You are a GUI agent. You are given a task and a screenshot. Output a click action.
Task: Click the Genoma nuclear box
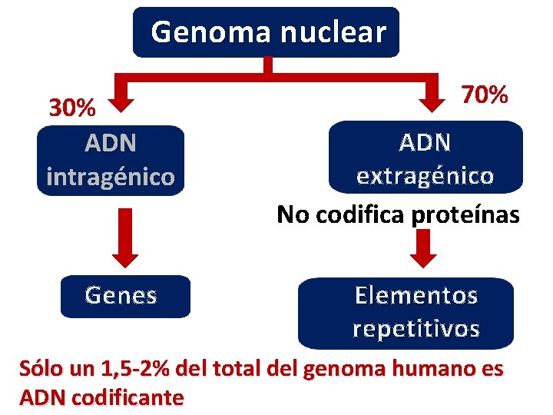(266, 32)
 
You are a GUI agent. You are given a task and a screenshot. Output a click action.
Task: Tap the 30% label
(72, 108)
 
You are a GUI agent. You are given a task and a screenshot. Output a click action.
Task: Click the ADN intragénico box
(111, 161)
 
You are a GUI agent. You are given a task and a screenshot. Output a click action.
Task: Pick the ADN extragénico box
(425, 158)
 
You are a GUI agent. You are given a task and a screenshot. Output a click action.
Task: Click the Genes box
(124, 296)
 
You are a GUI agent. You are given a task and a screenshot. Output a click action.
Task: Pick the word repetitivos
(416, 330)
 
